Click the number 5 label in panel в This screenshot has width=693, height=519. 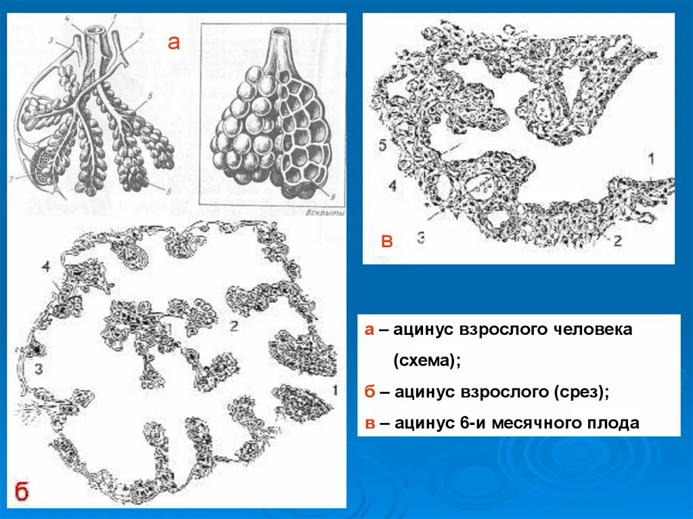[x=382, y=145]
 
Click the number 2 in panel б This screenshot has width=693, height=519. [x=233, y=325]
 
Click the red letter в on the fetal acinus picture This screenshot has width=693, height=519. [x=386, y=242]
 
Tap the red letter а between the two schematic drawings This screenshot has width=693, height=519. [x=174, y=43]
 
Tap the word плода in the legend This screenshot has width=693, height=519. [x=612, y=424]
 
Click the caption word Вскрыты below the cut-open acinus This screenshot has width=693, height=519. [x=326, y=212]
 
